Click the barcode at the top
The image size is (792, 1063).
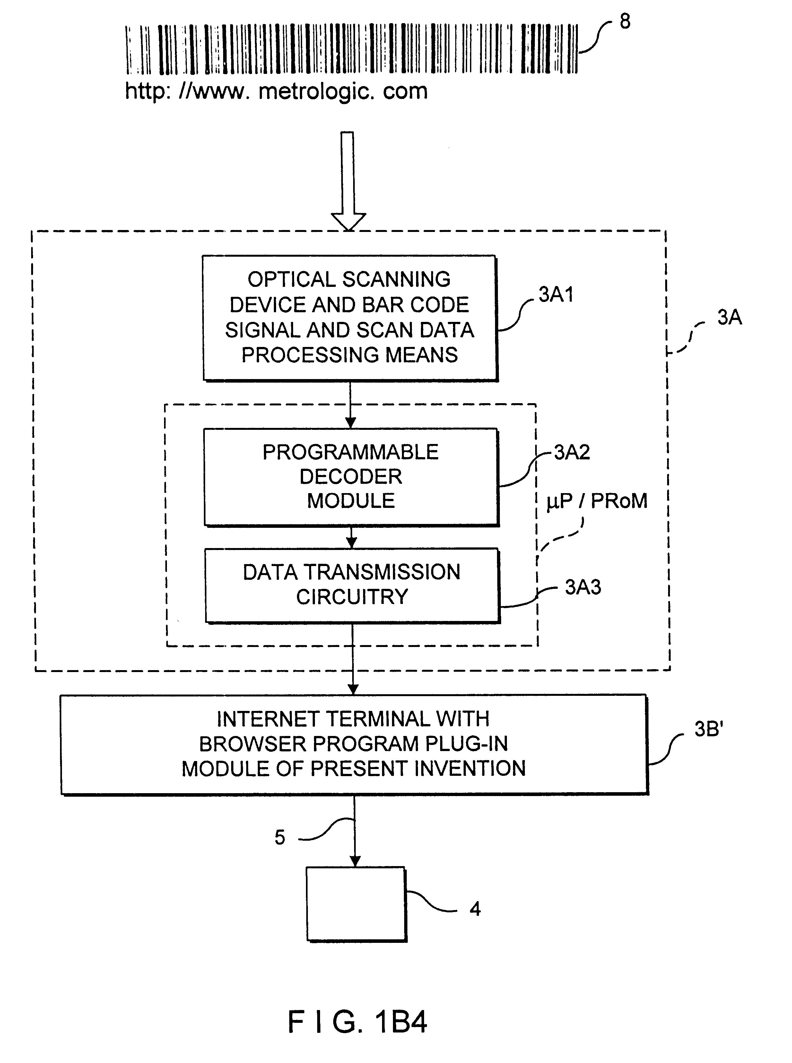coord(352,49)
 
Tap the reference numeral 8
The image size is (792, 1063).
coord(625,21)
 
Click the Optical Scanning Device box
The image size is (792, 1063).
coord(350,318)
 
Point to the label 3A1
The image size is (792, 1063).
coord(556,295)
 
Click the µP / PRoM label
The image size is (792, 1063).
coord(597,501)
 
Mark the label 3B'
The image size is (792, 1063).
coord(709,729)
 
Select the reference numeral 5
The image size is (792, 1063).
coord(280,837)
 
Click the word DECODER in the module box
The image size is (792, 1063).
coord(351,476)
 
